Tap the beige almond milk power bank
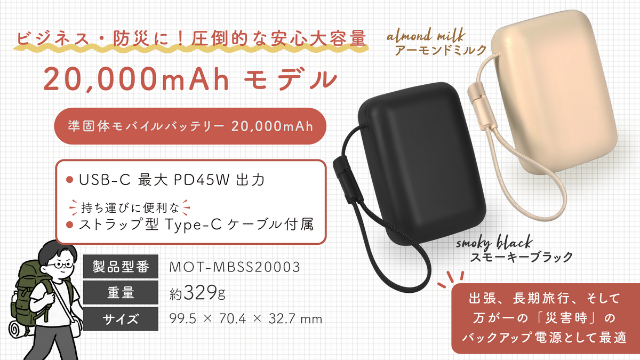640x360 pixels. (554, 91)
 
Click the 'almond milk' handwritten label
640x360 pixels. (426, 36)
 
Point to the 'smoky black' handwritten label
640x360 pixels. (494, 243)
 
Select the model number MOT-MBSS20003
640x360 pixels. (235, 267)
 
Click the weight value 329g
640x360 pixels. (205, 293)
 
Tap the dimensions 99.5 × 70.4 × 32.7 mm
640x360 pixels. (246, 319)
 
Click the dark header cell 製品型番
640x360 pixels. (121, 266)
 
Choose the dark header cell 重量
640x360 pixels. (121, 293)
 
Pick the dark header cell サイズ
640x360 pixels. (121, 319)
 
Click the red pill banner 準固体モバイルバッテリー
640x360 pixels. (190, 126)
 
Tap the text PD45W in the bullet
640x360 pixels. (202, 180)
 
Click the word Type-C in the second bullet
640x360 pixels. (193, 225)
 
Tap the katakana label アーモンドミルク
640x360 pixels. (441, 51)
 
